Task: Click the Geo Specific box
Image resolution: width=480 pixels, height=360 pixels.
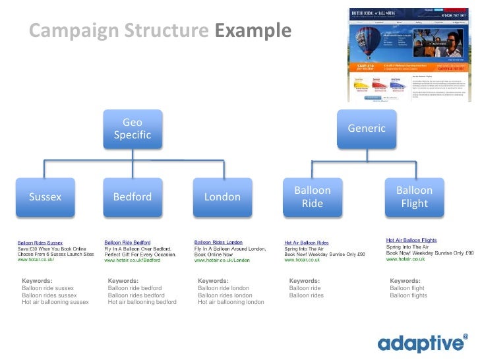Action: [133, 129]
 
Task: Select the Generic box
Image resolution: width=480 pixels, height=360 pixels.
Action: [367, 129]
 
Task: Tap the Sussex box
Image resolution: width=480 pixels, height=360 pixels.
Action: [45, 196]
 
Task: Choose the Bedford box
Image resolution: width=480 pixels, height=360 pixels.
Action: [133, 196]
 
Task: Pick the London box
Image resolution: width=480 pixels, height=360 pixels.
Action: [222, 196]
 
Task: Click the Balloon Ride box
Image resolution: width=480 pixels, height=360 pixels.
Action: [312, 196]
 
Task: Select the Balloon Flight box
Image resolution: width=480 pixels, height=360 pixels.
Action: [414, 196]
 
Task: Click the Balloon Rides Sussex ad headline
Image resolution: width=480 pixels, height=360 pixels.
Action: [40, 243]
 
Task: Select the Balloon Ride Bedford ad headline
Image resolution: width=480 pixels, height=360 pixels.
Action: [127, 242]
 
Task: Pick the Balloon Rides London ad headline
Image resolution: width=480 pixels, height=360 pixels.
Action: [218, 242]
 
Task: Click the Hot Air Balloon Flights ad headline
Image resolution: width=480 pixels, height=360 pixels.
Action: [411, 240]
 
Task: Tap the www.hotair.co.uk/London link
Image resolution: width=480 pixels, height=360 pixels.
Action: [222, 260]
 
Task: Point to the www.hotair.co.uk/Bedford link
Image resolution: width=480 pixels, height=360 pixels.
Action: [133, 260]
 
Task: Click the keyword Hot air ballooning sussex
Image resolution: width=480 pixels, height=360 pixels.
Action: [55, 303]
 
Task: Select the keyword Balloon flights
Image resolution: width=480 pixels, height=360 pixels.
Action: [408, 295]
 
